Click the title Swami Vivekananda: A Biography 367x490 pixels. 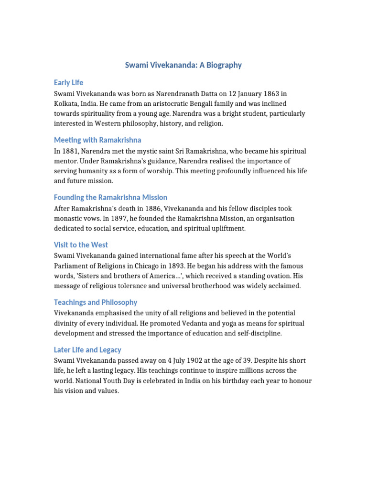(x=183, y=65)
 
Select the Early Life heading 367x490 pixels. (x=68, y=82)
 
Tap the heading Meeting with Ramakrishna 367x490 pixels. (x=97, y=140)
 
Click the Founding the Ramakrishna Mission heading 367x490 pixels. (x=110, y=197)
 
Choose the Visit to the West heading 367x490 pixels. (x=81, y=245)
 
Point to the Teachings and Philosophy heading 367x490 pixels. (x=96, y=302)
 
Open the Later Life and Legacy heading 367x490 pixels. (x=87, y=349)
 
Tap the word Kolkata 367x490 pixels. (x=65, y=103)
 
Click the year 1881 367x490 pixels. (x=72, y=151)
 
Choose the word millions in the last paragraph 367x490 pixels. (x=244, y=370)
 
